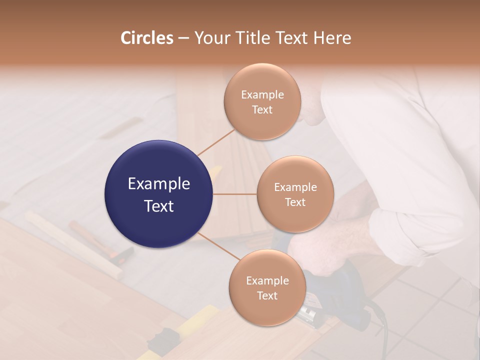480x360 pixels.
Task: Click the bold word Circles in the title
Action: [x=146, y=38]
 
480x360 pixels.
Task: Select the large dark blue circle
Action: [x=159, y=194]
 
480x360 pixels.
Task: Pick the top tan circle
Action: [x=262, y=102]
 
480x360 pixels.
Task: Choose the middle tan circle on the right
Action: [x=295, y=194]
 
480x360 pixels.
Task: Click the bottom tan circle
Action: [x=267, y=287]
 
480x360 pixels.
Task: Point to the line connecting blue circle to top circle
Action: [x=216, y=142]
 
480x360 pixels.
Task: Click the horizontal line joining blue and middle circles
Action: [x=235, y=194]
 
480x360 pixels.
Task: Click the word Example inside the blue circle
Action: [x=159, y=184]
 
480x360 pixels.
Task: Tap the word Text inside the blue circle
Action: [x=159, y=205]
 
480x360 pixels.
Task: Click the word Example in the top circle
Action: [x=262, y=95]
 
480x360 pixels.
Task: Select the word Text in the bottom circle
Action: [x=267, y=295]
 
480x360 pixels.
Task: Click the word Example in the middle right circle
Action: [x=295, y=187]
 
